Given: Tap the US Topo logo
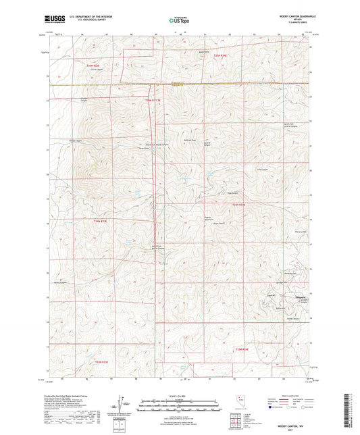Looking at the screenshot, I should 180,21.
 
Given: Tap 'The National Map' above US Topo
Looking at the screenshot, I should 180,16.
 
